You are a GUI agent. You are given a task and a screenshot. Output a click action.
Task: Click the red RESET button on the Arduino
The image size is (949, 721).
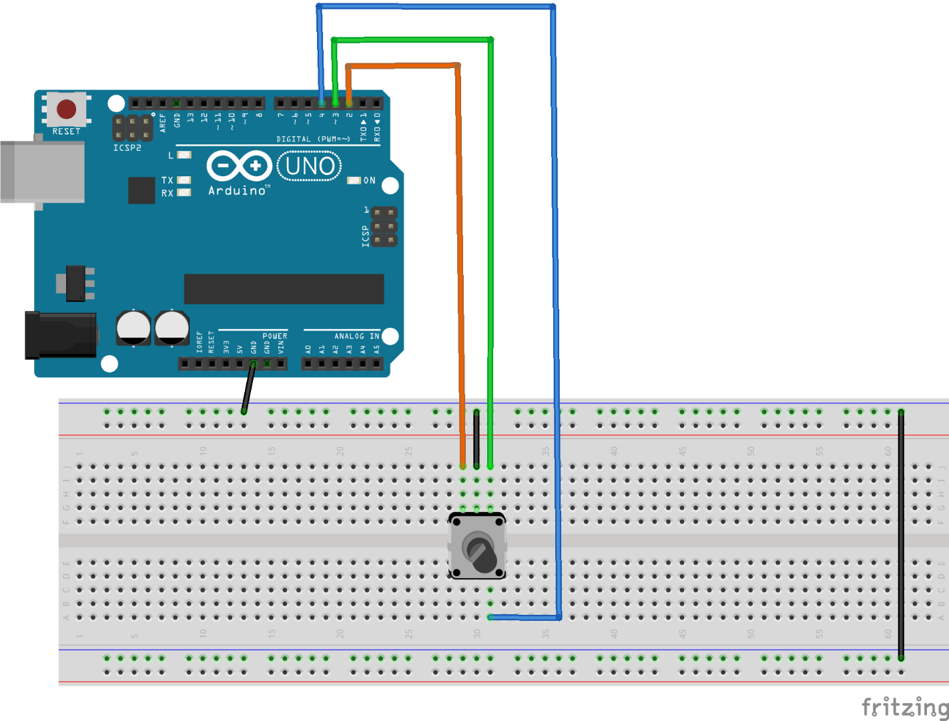coord(66,109)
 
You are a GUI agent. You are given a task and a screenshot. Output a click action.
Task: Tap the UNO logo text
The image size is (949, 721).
coord(310,166)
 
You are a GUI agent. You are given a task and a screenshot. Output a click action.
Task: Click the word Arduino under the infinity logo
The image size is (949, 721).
coord(237,191)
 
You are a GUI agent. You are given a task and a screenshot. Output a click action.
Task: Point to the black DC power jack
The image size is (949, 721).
coord(60,334)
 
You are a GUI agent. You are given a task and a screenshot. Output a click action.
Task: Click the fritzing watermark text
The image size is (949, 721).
coord(904,706)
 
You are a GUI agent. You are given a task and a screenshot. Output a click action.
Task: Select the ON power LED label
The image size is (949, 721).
coord(369,181)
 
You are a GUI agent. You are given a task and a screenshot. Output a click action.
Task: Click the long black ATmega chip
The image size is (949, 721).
coord(284,288)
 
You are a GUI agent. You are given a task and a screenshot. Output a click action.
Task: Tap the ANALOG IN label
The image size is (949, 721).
coord(356,336)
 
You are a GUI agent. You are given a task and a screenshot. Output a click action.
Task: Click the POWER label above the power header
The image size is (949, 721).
coord(274,336)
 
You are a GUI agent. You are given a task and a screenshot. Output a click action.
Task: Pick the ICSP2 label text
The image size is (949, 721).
coord(127,148)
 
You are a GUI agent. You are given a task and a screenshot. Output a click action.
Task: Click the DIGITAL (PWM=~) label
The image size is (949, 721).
coord(313,139)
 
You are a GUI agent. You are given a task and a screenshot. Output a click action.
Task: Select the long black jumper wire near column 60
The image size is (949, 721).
coord(901,534)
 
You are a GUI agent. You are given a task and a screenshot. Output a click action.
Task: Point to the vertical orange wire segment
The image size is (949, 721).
coord(460,267)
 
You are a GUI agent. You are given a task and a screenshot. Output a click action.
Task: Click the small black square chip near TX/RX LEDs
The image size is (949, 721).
coord(141,190)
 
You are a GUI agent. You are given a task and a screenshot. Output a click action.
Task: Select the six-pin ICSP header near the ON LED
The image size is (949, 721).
coord(384,227)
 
